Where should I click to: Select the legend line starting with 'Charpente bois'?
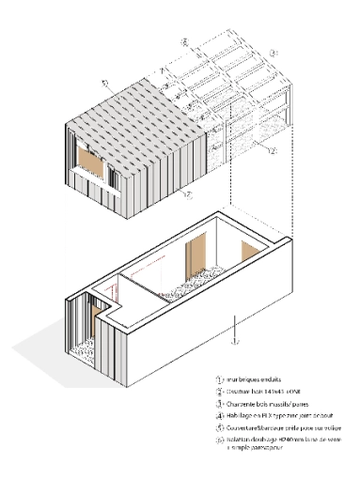tap(269, 400)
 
